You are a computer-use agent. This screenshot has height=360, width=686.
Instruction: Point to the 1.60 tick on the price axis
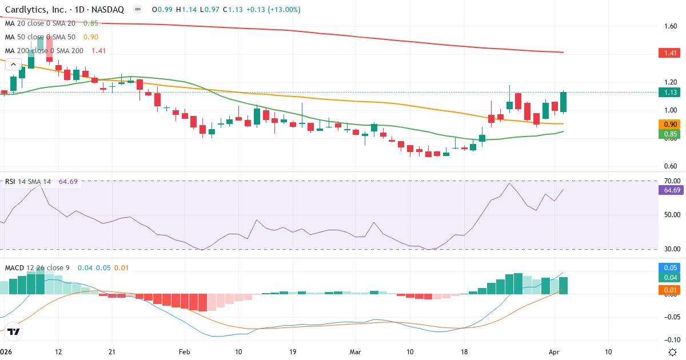click(671, 26)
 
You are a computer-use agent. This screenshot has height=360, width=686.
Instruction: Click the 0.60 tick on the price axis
click(671, 166)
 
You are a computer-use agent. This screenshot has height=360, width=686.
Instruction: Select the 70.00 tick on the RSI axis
click(671, 181)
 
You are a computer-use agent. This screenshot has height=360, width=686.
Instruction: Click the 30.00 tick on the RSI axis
click(671, 249)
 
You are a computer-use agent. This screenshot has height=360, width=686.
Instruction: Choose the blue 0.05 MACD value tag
click(671, 268)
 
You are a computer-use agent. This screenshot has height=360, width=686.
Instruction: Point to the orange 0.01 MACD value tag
click(671, 291)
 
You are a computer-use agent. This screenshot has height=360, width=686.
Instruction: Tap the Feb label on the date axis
click(184, 352)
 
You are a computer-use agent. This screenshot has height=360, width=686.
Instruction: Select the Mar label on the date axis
click(355, 352)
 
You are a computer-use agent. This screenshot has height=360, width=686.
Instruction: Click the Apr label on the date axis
click(553, 352)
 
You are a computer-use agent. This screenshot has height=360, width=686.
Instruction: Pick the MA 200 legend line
click(54, 50)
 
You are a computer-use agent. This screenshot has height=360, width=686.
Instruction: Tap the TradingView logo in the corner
click(14, 331)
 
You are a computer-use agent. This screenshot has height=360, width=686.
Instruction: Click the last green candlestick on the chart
click(564, 102)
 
